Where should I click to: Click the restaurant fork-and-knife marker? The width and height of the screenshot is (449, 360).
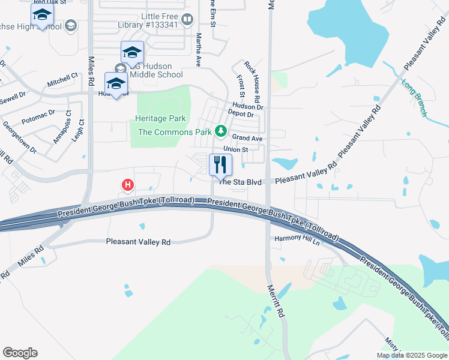click(220, 164)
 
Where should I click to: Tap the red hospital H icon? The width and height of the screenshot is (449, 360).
click(127, 185)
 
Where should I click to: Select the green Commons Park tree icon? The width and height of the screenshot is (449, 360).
click(221, 130)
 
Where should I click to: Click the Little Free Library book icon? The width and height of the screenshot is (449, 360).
click(187, 20)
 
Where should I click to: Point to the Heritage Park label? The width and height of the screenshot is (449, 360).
click(160, 119)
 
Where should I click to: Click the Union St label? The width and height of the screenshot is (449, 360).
click(235, 149)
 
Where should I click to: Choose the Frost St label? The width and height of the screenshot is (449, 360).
click(241, 86)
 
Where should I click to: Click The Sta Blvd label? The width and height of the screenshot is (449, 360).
click(240, 182)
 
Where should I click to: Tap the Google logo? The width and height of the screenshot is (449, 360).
click(20, 353)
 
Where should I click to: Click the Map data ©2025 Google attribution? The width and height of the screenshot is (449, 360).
click(412, 355)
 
